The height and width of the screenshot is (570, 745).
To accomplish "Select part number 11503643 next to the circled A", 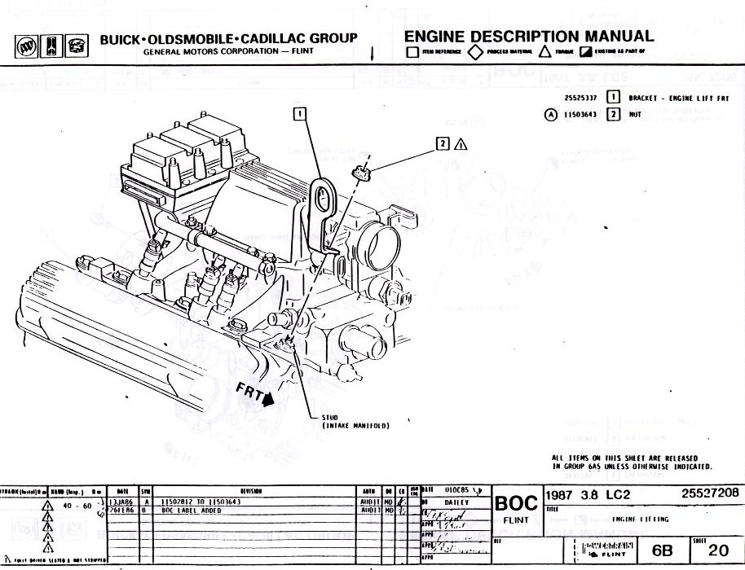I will [580, 115].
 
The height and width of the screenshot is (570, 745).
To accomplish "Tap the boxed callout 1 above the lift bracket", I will [301, 114].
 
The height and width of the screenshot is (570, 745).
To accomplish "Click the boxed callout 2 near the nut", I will [443, 144].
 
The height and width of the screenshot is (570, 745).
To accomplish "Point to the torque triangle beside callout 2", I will [461, 145].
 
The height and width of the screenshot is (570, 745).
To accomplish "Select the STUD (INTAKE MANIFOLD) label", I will [356, 422].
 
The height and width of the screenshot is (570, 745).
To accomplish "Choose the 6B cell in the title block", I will [663, 550].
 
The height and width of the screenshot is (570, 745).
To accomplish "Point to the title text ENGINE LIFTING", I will [640, 519].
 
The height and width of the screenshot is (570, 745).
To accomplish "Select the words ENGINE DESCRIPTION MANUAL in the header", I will [529, 37].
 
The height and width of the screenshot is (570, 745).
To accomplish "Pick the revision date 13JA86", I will [119, 502].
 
